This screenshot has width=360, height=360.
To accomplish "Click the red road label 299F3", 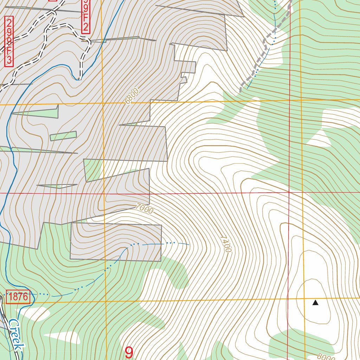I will tap(9, 41).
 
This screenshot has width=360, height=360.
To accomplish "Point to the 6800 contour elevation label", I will tap(132, 96).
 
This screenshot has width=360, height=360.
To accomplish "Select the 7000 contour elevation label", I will tap(144, 209).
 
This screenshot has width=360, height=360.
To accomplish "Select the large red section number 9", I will tap(129, 353).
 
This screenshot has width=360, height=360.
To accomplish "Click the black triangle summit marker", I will tap(315, 302).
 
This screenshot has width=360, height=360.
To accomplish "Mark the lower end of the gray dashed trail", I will tap(240, 91).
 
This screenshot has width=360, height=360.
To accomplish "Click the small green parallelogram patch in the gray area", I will tap(63, 136).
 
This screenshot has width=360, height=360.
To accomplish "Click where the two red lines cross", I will tap(289, 193).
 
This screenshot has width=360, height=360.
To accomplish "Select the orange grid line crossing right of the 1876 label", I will tap(105, 301).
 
